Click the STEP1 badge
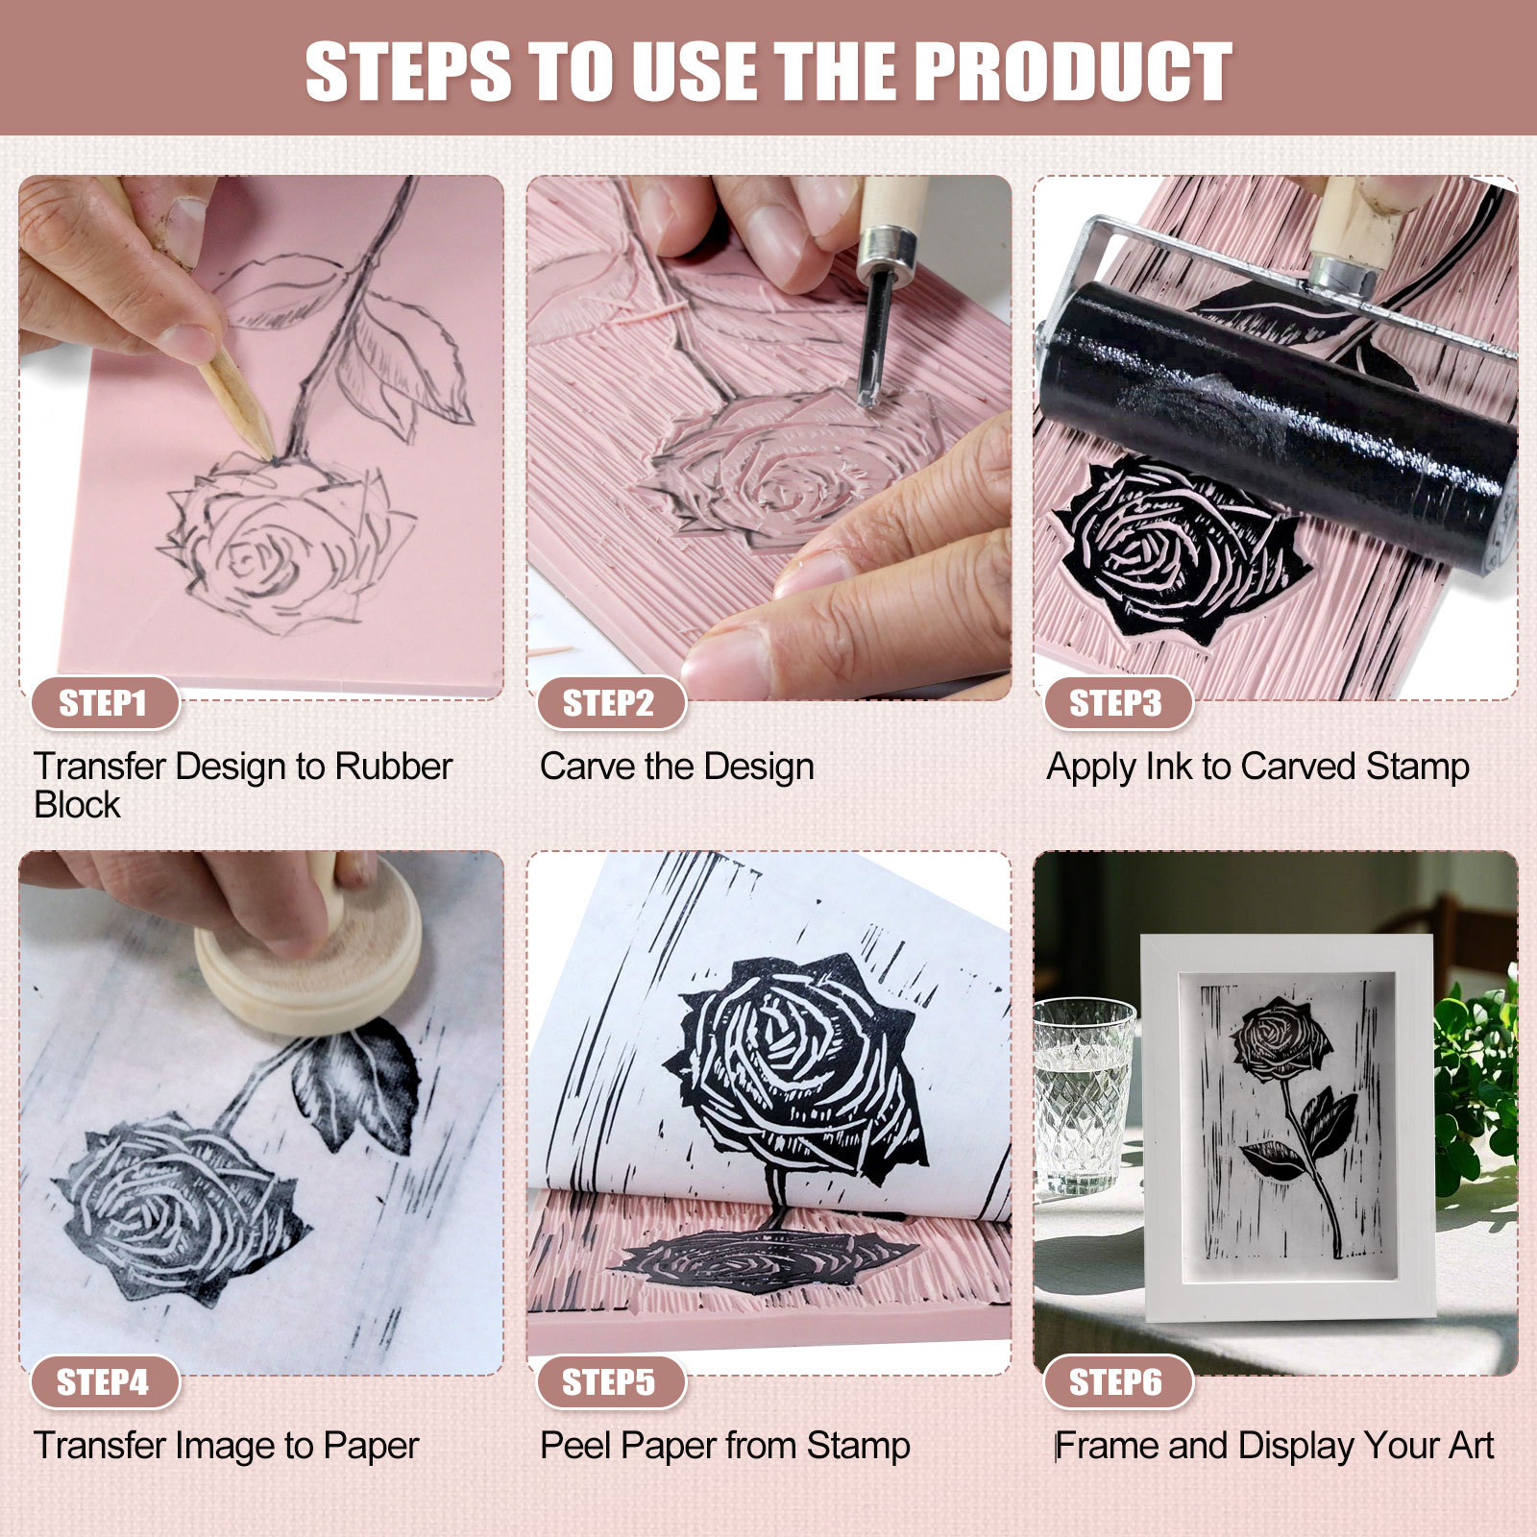[x=104, y=703]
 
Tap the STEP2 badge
[x=609, y=703]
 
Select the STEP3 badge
[x=1116, y=703]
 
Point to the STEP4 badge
[x=104, y=1382]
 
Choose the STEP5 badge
[x=609, y=1382]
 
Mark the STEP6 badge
[x=1116, y=1382]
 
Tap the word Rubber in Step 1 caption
[x=393, y=767]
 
